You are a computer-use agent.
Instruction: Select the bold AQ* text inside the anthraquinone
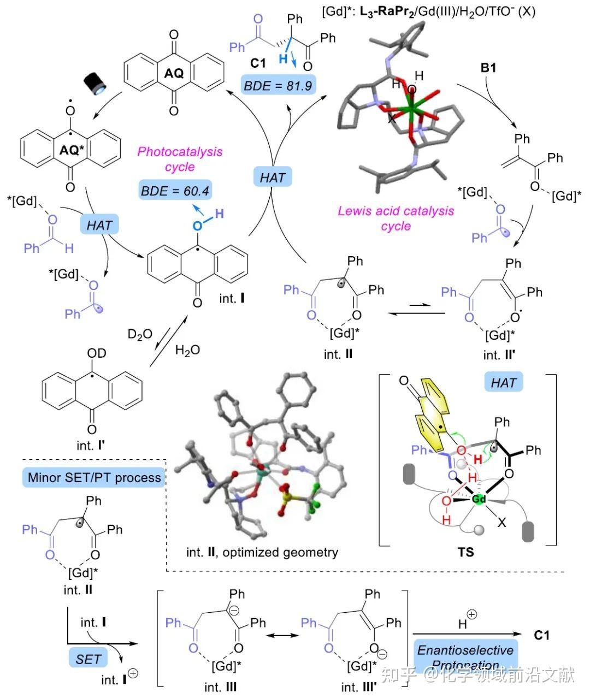pyautogui.click(x=70, y=151)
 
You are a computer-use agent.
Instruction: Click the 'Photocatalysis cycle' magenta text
pyautogui.click(x=180, y=159)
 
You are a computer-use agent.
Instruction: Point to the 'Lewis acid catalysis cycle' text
pyautogui.click(x=396, y=218)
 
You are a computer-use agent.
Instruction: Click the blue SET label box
pyautogui.click(x=88, y=659)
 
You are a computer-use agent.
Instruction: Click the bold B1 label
pyautogui.click(x=488, y=69)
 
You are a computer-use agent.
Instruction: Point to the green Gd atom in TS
pyautogui.click(x=479, y=499)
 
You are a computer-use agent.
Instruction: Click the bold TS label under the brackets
pyautogui.click(x=466, y=552)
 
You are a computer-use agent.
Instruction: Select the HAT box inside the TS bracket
pyautogui.click(x=503, y=383)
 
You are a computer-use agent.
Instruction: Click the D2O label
pyautogui.click(x=140, y=334)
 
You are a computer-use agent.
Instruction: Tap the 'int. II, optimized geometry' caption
pyautogui.click(x=262, y=552)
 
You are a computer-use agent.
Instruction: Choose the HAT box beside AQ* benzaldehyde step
pyautogui.click(x=99, y=224)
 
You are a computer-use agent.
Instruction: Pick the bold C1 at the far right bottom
pyautogui.click(x=541, y=635)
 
